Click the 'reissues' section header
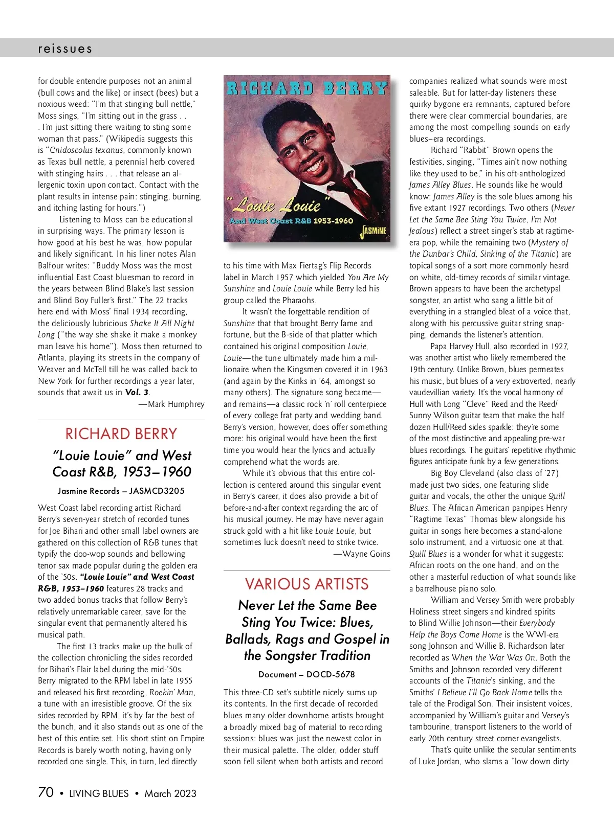coord(65,49)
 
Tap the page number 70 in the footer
coord(46,792)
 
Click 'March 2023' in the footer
coord(170,793)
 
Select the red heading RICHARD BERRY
coord(121,434)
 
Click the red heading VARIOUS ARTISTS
coord(306,584)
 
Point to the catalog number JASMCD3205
coord(157,491)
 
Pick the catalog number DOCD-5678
coord(331,674)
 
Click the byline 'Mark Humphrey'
coord(176,404)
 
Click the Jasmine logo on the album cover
coord(374,231)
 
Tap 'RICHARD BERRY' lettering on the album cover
coord(306,88)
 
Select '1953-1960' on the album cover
coord(333,221)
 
